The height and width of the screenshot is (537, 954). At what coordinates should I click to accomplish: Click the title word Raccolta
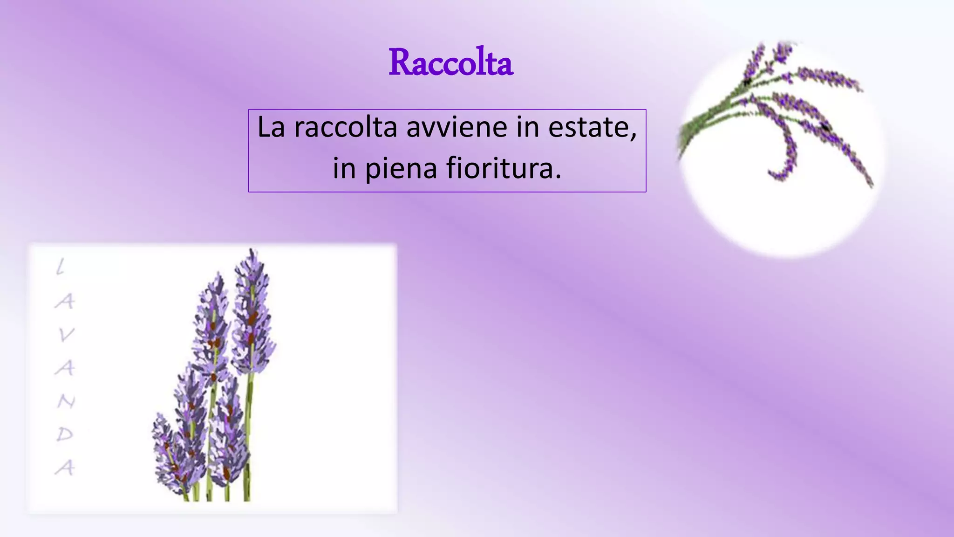[450, 62]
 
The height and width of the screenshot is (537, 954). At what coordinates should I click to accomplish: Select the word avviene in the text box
[457, 127]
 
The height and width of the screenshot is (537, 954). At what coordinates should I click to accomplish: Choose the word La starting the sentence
[271, 127]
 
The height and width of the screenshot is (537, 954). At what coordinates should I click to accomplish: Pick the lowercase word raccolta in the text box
[345, 127]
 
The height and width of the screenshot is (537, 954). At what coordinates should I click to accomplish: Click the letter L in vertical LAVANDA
[61, 268]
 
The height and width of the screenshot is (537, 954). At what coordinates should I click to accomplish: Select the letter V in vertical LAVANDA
[66, 335]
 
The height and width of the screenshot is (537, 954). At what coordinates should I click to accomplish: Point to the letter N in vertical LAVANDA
[66, 401]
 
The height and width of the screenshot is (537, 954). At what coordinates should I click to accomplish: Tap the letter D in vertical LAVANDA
[65, 434]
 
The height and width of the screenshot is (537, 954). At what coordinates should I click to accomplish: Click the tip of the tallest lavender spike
[252, 252]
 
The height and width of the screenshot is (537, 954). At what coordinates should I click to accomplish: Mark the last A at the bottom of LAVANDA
[65, 468]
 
